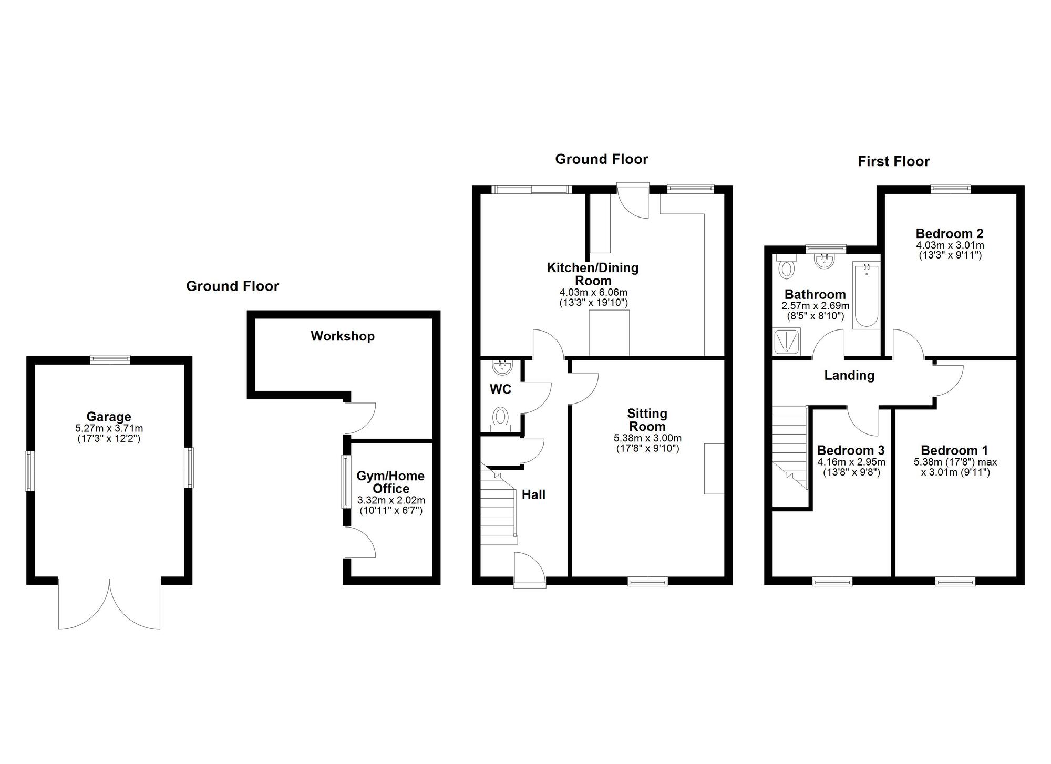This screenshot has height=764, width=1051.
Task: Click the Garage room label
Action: pos(109,417)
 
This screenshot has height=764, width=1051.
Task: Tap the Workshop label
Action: pos(342,336)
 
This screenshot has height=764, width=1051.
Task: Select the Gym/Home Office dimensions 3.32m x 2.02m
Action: pos(391,501)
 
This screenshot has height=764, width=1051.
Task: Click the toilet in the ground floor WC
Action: pos(500,418)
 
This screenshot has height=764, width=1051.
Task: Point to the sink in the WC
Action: pos(501,366)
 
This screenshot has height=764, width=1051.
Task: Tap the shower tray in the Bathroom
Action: pos(787,342)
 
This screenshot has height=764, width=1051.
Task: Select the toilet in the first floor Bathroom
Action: pos(786,267)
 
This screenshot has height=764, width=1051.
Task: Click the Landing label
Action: pos(849,376)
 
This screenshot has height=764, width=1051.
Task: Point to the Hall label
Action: pos(533,495)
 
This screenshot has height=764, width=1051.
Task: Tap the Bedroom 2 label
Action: pos(950,234)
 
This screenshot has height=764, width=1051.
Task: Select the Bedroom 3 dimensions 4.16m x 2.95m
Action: pos(851,463)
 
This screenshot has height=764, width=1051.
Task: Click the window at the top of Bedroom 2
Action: pos(951,189)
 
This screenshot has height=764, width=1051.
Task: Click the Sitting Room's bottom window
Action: pos(647,581)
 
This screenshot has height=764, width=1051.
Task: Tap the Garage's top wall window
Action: pos(109,360)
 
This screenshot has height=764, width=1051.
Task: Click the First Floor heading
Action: pos(893,162)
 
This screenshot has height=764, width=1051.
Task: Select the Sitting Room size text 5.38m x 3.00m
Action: pos(647,438)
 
